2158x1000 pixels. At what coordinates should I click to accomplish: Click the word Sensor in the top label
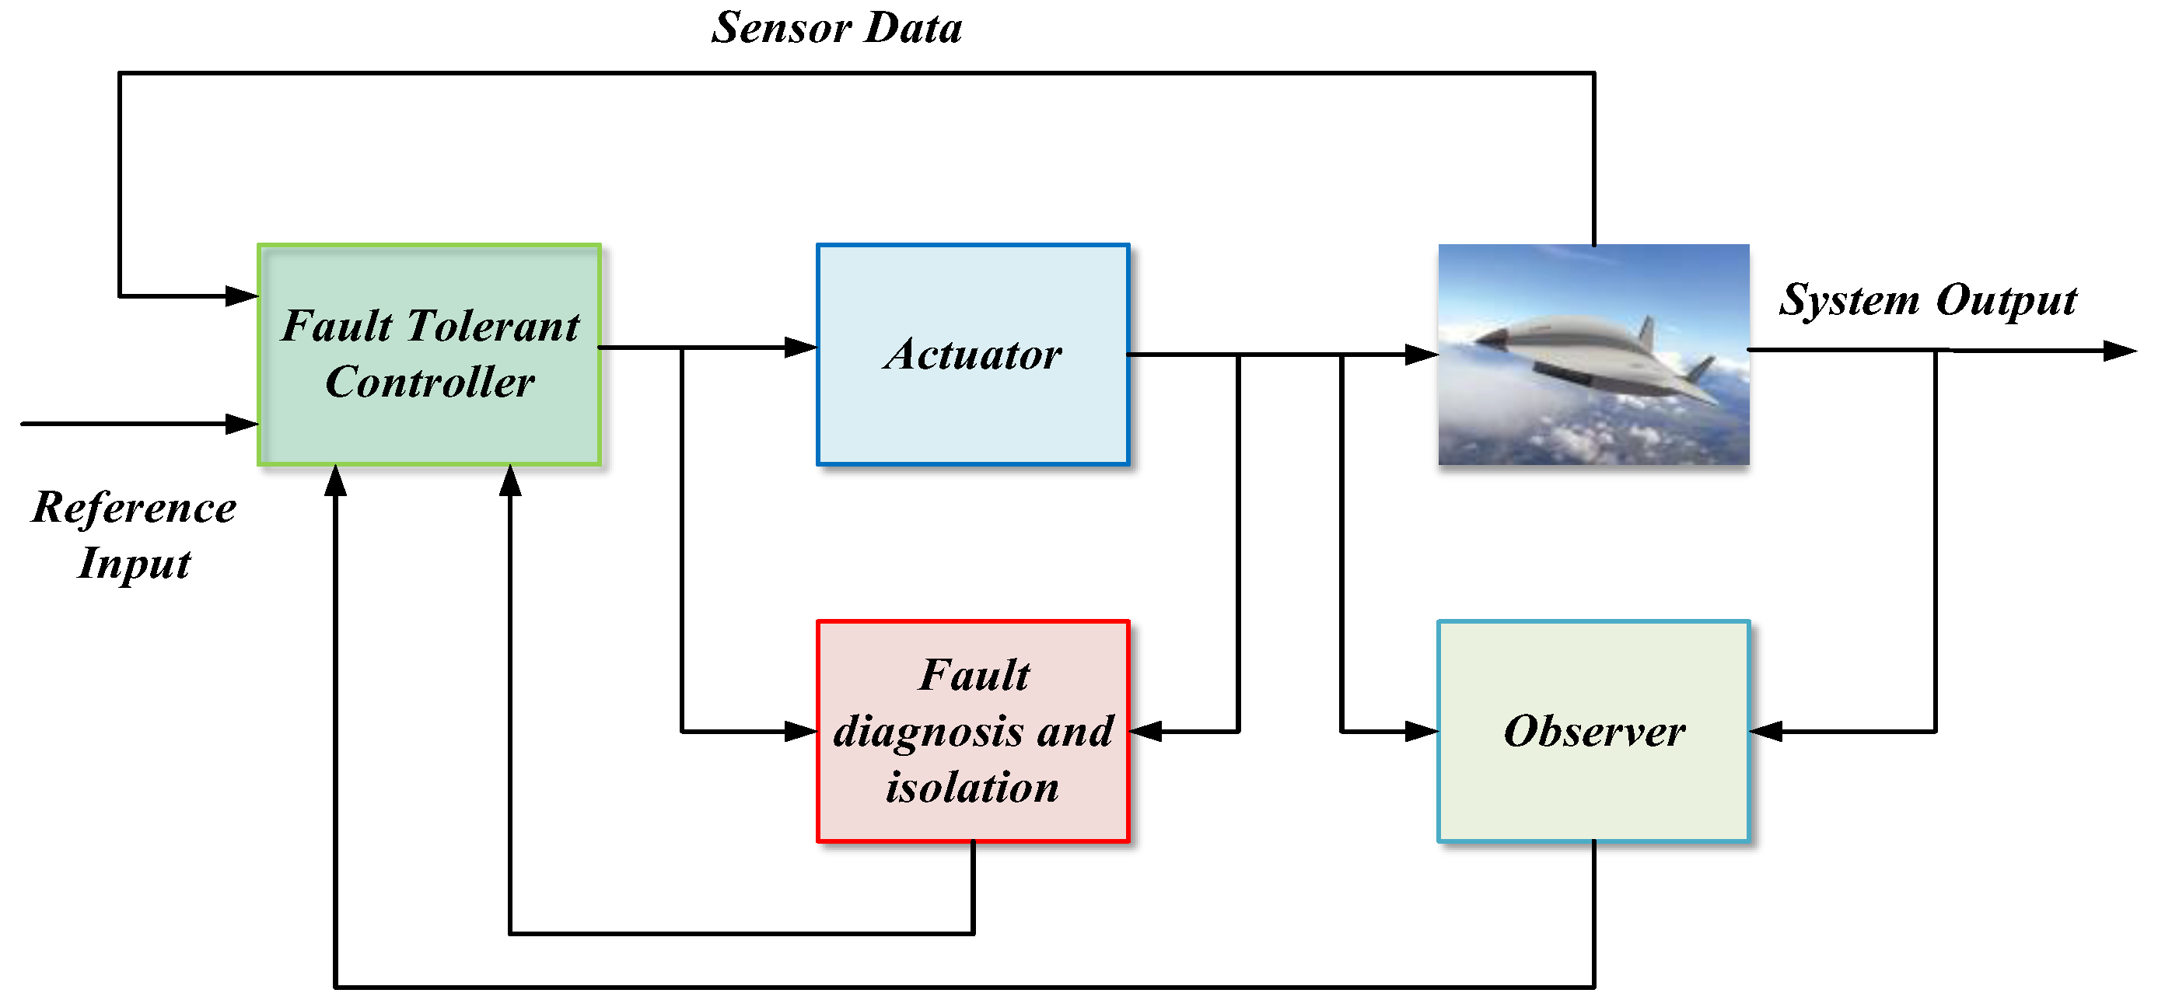(x=781, y=29)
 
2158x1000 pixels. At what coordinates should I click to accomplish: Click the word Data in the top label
(x=913, y=29)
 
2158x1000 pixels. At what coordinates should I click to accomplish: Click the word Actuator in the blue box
(x=973, y=355)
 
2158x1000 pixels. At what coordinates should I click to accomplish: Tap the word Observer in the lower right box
(x=1593, y=731)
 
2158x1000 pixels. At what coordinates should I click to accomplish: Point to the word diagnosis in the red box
(x=926, y=732)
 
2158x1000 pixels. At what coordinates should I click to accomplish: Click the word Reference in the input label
(x=134, y=508)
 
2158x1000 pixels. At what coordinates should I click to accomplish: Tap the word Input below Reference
(x=134, y=563)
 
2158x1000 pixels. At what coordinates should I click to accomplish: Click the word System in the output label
(x=1848, y=300)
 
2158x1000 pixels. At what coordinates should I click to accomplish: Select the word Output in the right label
(x=2006, y=300)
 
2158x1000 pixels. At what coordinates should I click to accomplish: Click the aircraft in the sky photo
(x=1592, y=360)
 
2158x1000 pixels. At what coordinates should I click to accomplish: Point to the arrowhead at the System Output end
(x=2119, y=350)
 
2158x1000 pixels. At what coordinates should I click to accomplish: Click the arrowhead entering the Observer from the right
(x=1766, y=731)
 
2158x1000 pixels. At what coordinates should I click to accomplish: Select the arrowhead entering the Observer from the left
(x=1422, y=731)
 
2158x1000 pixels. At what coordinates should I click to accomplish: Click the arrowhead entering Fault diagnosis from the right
(x=1145, y=731)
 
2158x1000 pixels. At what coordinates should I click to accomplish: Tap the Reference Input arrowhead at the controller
(x=242, y=424)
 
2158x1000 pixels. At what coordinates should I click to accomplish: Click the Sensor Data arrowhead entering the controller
(x=242, y=295)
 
